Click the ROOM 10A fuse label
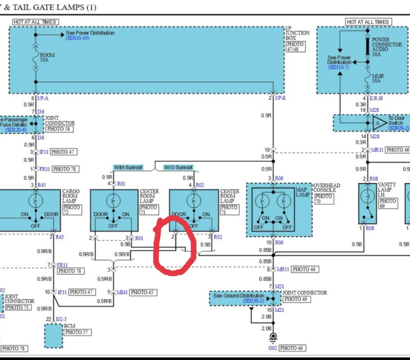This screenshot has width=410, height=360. (47, 58)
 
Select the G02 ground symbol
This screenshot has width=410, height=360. (273, 338)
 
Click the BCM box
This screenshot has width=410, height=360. (53, 336)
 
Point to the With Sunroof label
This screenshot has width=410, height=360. (128, 167)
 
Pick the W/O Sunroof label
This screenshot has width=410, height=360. (178, 167)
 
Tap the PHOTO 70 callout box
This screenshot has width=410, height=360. (324, 199)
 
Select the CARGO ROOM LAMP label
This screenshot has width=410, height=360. (71, 196)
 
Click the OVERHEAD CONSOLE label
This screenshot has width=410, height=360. (327, 188)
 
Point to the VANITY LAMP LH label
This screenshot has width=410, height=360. (387, 189)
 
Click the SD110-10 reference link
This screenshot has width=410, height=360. (77, 38)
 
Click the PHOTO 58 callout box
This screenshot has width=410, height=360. (60, 129)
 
